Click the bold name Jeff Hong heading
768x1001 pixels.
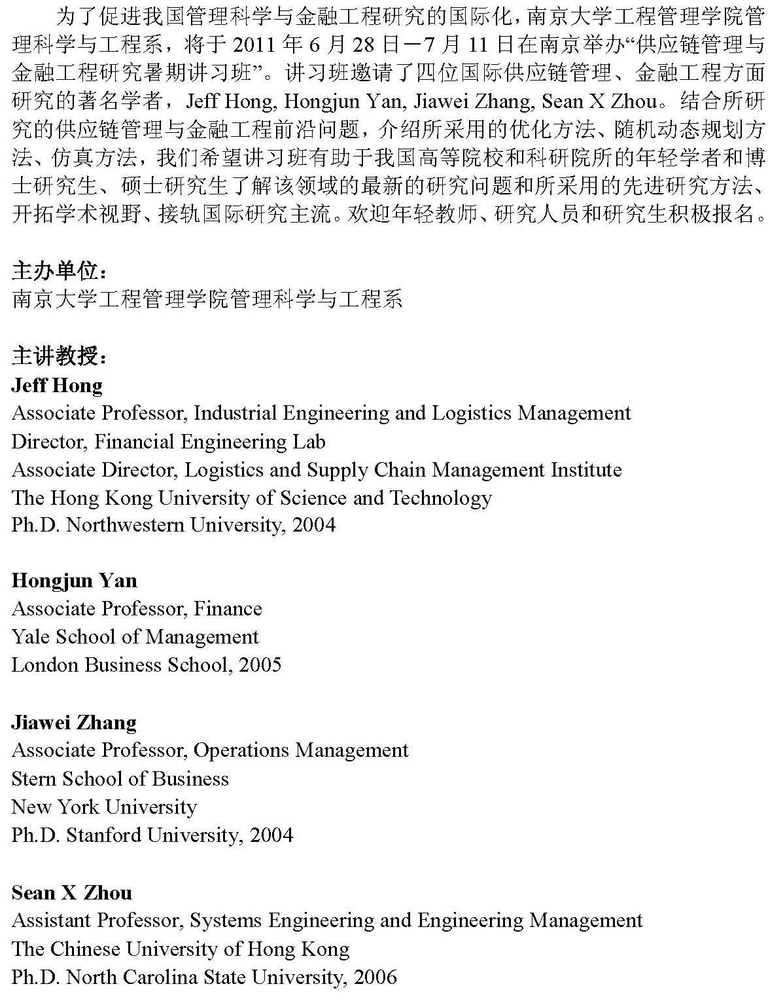click(x=57, y=385)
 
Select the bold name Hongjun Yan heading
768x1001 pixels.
click(x=75, y=581)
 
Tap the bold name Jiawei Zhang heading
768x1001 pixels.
click(x=74, y=722)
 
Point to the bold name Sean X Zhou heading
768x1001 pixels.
click(x=72, y=892)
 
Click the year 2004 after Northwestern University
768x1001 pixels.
click(x=314, y=525)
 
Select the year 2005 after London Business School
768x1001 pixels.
click(x=260, y=665)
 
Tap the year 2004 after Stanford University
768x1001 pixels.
click(x=271, y=835)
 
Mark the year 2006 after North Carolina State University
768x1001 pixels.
click(x=375, y=977)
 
